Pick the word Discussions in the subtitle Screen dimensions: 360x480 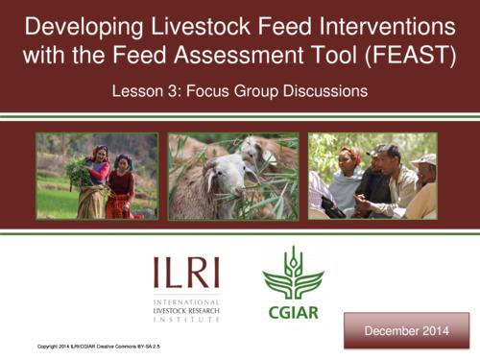(x=323, y=93)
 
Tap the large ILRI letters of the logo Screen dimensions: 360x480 (x=185, y=275)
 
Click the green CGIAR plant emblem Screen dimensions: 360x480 (x=294, y=273)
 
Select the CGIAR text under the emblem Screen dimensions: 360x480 (x=294, y=312)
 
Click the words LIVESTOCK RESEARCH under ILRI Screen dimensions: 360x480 (x=184, y=311)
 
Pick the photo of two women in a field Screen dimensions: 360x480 (x=96, y=177)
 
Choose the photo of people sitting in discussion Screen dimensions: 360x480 (x=372, y=177)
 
